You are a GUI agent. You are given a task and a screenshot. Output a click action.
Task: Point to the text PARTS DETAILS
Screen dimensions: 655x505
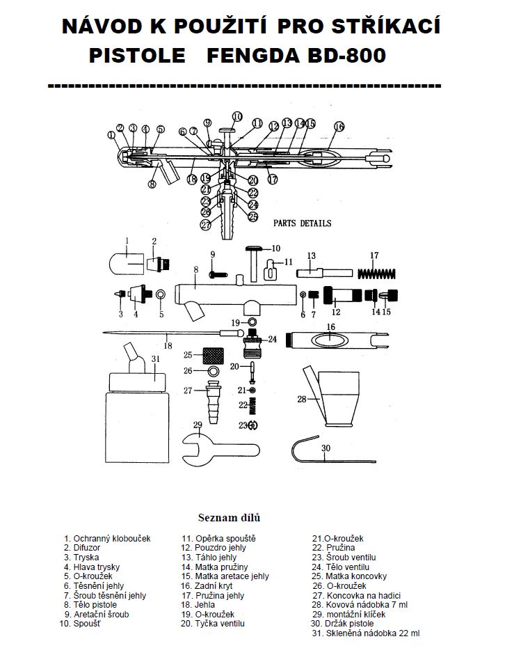pyautogui.click(x=302, y=223)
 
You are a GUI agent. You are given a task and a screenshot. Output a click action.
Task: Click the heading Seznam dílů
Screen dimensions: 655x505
pyautogui.click(x=230, y=518)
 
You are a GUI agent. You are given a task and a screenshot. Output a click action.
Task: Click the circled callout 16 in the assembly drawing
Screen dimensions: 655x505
pyautogui.click(x=339, y=127)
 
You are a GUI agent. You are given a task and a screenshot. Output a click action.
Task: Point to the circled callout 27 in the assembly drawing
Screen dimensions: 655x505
pyautogui.click(x=206, y=225)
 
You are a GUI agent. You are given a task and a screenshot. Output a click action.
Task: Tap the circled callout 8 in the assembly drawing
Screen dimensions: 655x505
pyautogui.click(x=152, y=184)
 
